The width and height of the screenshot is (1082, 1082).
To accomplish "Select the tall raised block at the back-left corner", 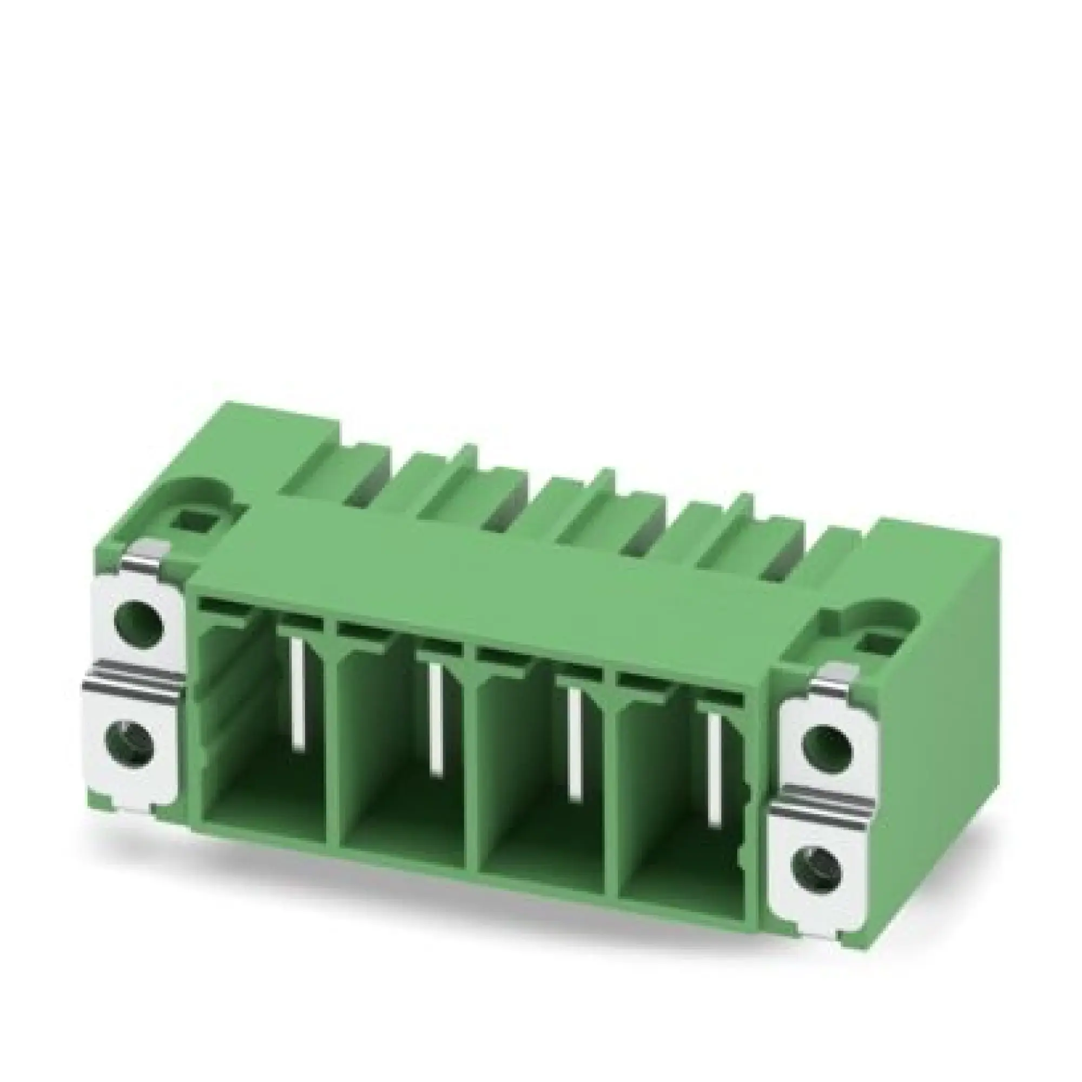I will click(297, 443).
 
